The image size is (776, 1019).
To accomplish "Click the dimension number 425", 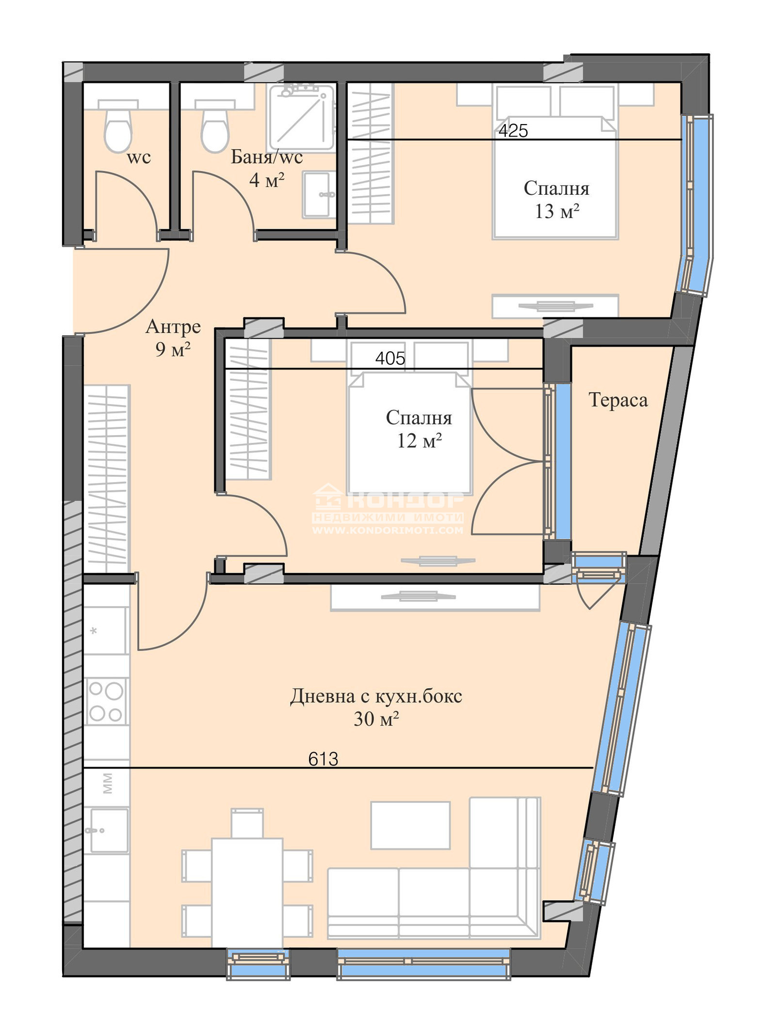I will tap(513, 130).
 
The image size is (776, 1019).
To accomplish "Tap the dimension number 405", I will tap(390, 358).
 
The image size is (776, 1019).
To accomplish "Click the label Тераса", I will tap(618, 400).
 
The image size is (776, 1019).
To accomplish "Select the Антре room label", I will tap(173, 327).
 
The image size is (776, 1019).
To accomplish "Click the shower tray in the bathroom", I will tap(302, 117).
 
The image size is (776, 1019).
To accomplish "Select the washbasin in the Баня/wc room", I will tap(319, 194).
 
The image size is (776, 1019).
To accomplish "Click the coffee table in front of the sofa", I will tap(410, 825).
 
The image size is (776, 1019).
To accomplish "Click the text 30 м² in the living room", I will tap(376, 719).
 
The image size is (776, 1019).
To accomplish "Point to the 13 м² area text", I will tap(557, 211).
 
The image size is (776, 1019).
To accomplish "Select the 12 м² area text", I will tap(419, 440).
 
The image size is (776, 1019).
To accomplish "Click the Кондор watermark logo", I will tap(388, 509).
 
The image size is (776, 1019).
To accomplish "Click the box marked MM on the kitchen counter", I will tap(107, 784).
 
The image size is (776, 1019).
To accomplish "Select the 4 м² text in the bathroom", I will tap(266, 180).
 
